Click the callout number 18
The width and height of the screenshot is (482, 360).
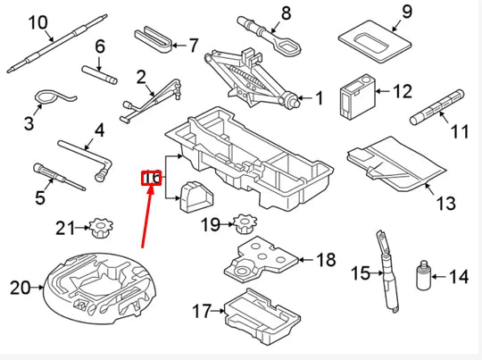pyautogui.click(x=326, y=260)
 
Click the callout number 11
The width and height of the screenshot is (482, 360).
pyautogui.click(x=459, y=132)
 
